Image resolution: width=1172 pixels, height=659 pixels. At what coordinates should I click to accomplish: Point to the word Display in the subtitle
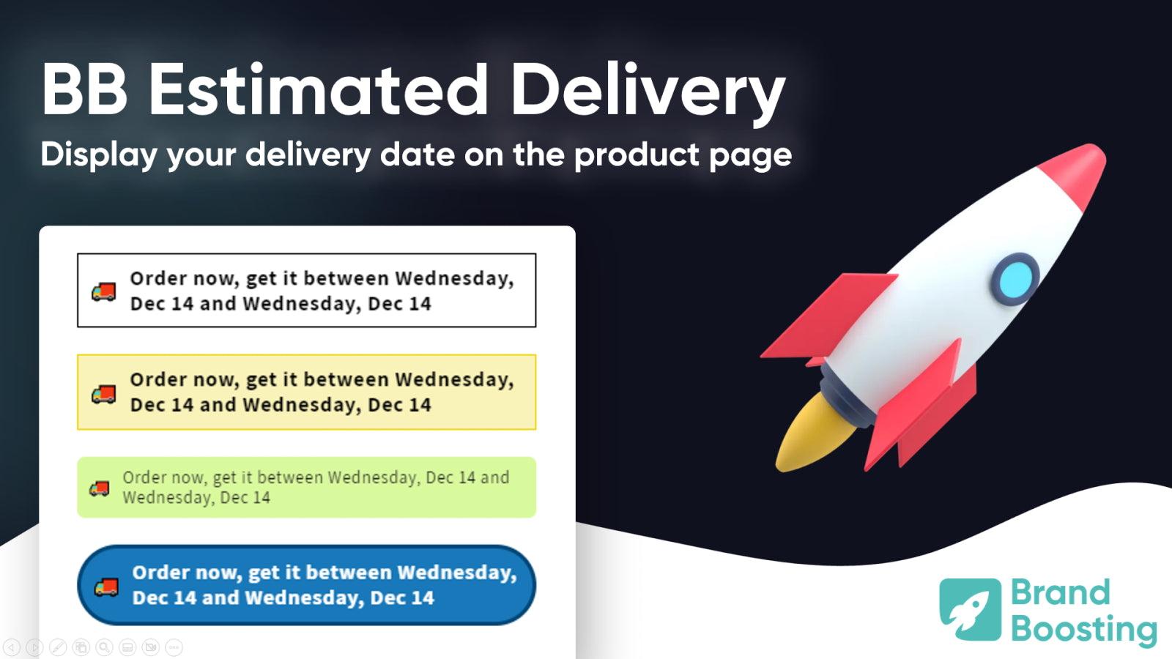click(99, 155)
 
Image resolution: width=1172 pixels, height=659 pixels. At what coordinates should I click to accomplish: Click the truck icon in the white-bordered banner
click(103, 291)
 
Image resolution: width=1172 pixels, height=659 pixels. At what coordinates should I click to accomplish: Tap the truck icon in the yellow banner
click(103, 394)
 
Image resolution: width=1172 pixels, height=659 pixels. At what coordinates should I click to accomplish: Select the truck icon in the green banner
click(100, 488)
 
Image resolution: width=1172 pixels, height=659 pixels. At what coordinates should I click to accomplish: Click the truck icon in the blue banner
click(106, 587)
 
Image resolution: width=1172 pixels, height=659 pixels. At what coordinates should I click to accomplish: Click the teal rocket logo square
click(970, 609)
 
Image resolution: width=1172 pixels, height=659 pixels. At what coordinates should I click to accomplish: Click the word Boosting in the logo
click(1083, 628)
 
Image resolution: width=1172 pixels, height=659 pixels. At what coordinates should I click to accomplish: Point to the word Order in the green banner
click(144, 477)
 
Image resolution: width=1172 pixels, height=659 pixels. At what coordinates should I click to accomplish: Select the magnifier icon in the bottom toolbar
click(104, 647)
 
